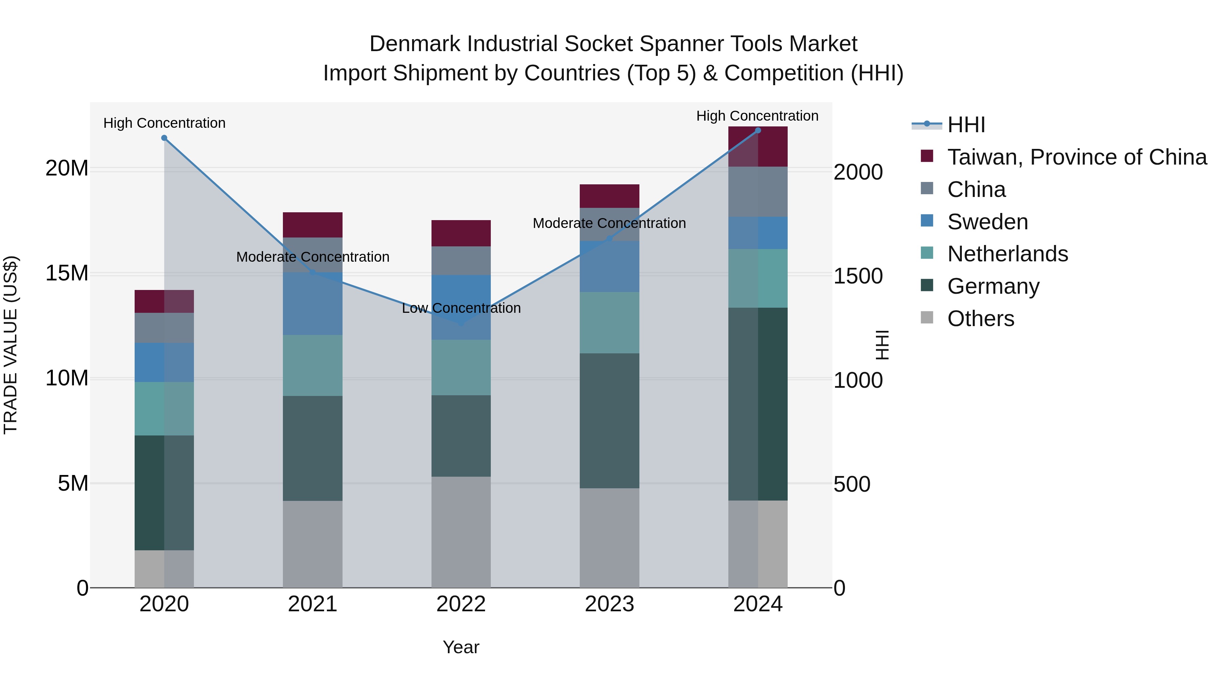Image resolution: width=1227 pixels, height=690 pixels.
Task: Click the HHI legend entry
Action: (x=966, y=125)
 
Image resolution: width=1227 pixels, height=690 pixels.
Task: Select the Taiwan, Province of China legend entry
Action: (x=1076, y=157)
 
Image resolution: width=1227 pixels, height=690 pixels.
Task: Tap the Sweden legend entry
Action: (x=987, y=222)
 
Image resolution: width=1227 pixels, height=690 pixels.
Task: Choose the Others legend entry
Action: (x=980, y=319)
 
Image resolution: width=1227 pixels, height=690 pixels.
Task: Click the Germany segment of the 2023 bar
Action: (x=609, y=420)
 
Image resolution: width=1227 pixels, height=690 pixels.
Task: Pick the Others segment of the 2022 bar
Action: (x=460, y=532)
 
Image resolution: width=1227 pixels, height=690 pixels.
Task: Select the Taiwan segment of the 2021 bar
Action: (x=313, y=225)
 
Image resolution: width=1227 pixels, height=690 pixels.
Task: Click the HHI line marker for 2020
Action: (x=164, y=138)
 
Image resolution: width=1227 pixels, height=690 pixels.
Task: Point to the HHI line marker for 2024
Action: (x=758, y=131)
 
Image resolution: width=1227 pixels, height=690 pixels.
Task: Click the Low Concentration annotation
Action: (x=461, y=308)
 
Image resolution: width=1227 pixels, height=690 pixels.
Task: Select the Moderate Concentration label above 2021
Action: (x=313, y=257)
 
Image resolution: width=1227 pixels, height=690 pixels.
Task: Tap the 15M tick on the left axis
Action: (x=67, y=273)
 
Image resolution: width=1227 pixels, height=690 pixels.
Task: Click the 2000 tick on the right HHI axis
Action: (x=858, y=172)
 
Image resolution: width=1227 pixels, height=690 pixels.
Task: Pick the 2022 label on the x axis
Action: (x=460, y=604)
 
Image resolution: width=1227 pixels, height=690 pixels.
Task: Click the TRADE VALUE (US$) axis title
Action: (x=11, y=345)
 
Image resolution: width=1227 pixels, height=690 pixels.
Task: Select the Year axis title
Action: (x=460, y=647)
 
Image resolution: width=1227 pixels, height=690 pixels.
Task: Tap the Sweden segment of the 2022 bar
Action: (x=460, y=307)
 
